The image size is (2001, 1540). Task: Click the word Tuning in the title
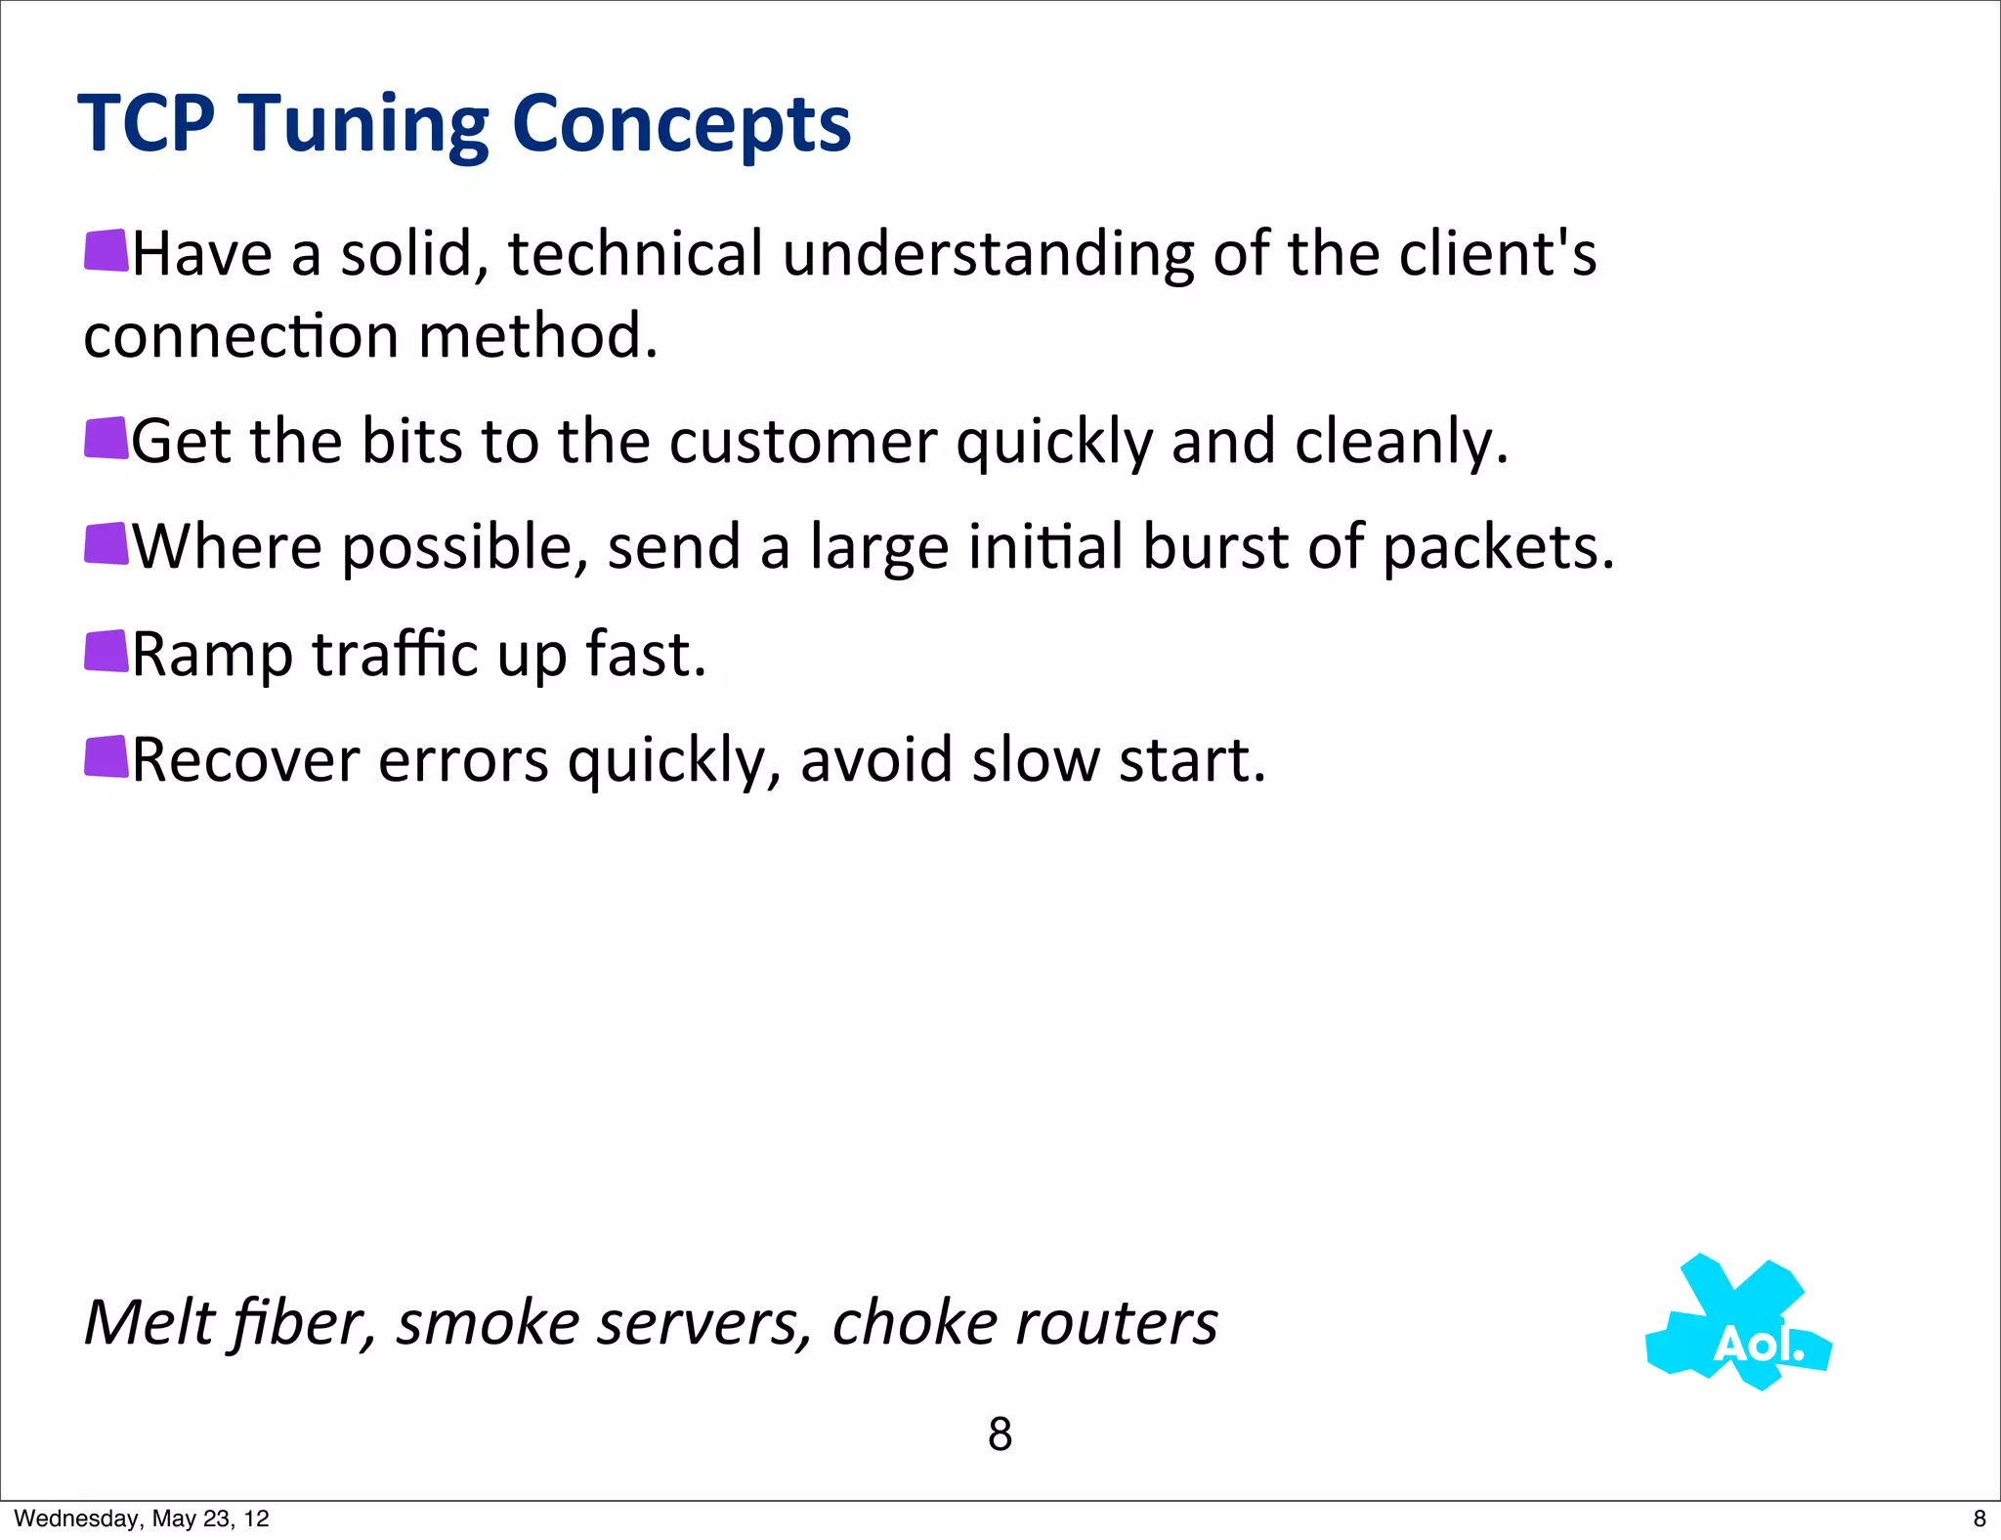pos(365,124)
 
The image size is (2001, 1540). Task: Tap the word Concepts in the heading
pos(681,124)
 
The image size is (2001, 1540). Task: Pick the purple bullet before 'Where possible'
pos(106,543)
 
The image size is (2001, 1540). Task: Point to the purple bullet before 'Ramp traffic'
pos(106,651)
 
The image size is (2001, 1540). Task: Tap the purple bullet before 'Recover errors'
pos(106,756)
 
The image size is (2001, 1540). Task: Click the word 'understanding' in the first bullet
pos(988,254)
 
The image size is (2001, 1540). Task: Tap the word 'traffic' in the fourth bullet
pos(395,654)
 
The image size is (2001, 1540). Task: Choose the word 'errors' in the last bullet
pos(463,760)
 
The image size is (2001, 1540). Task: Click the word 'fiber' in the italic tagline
pos(304,1323)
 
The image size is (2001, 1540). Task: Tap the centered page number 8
pos(1000,1434)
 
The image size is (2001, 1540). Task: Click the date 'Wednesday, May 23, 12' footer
pos(142,1519)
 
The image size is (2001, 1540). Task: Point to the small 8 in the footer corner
pos(1980,1519)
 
